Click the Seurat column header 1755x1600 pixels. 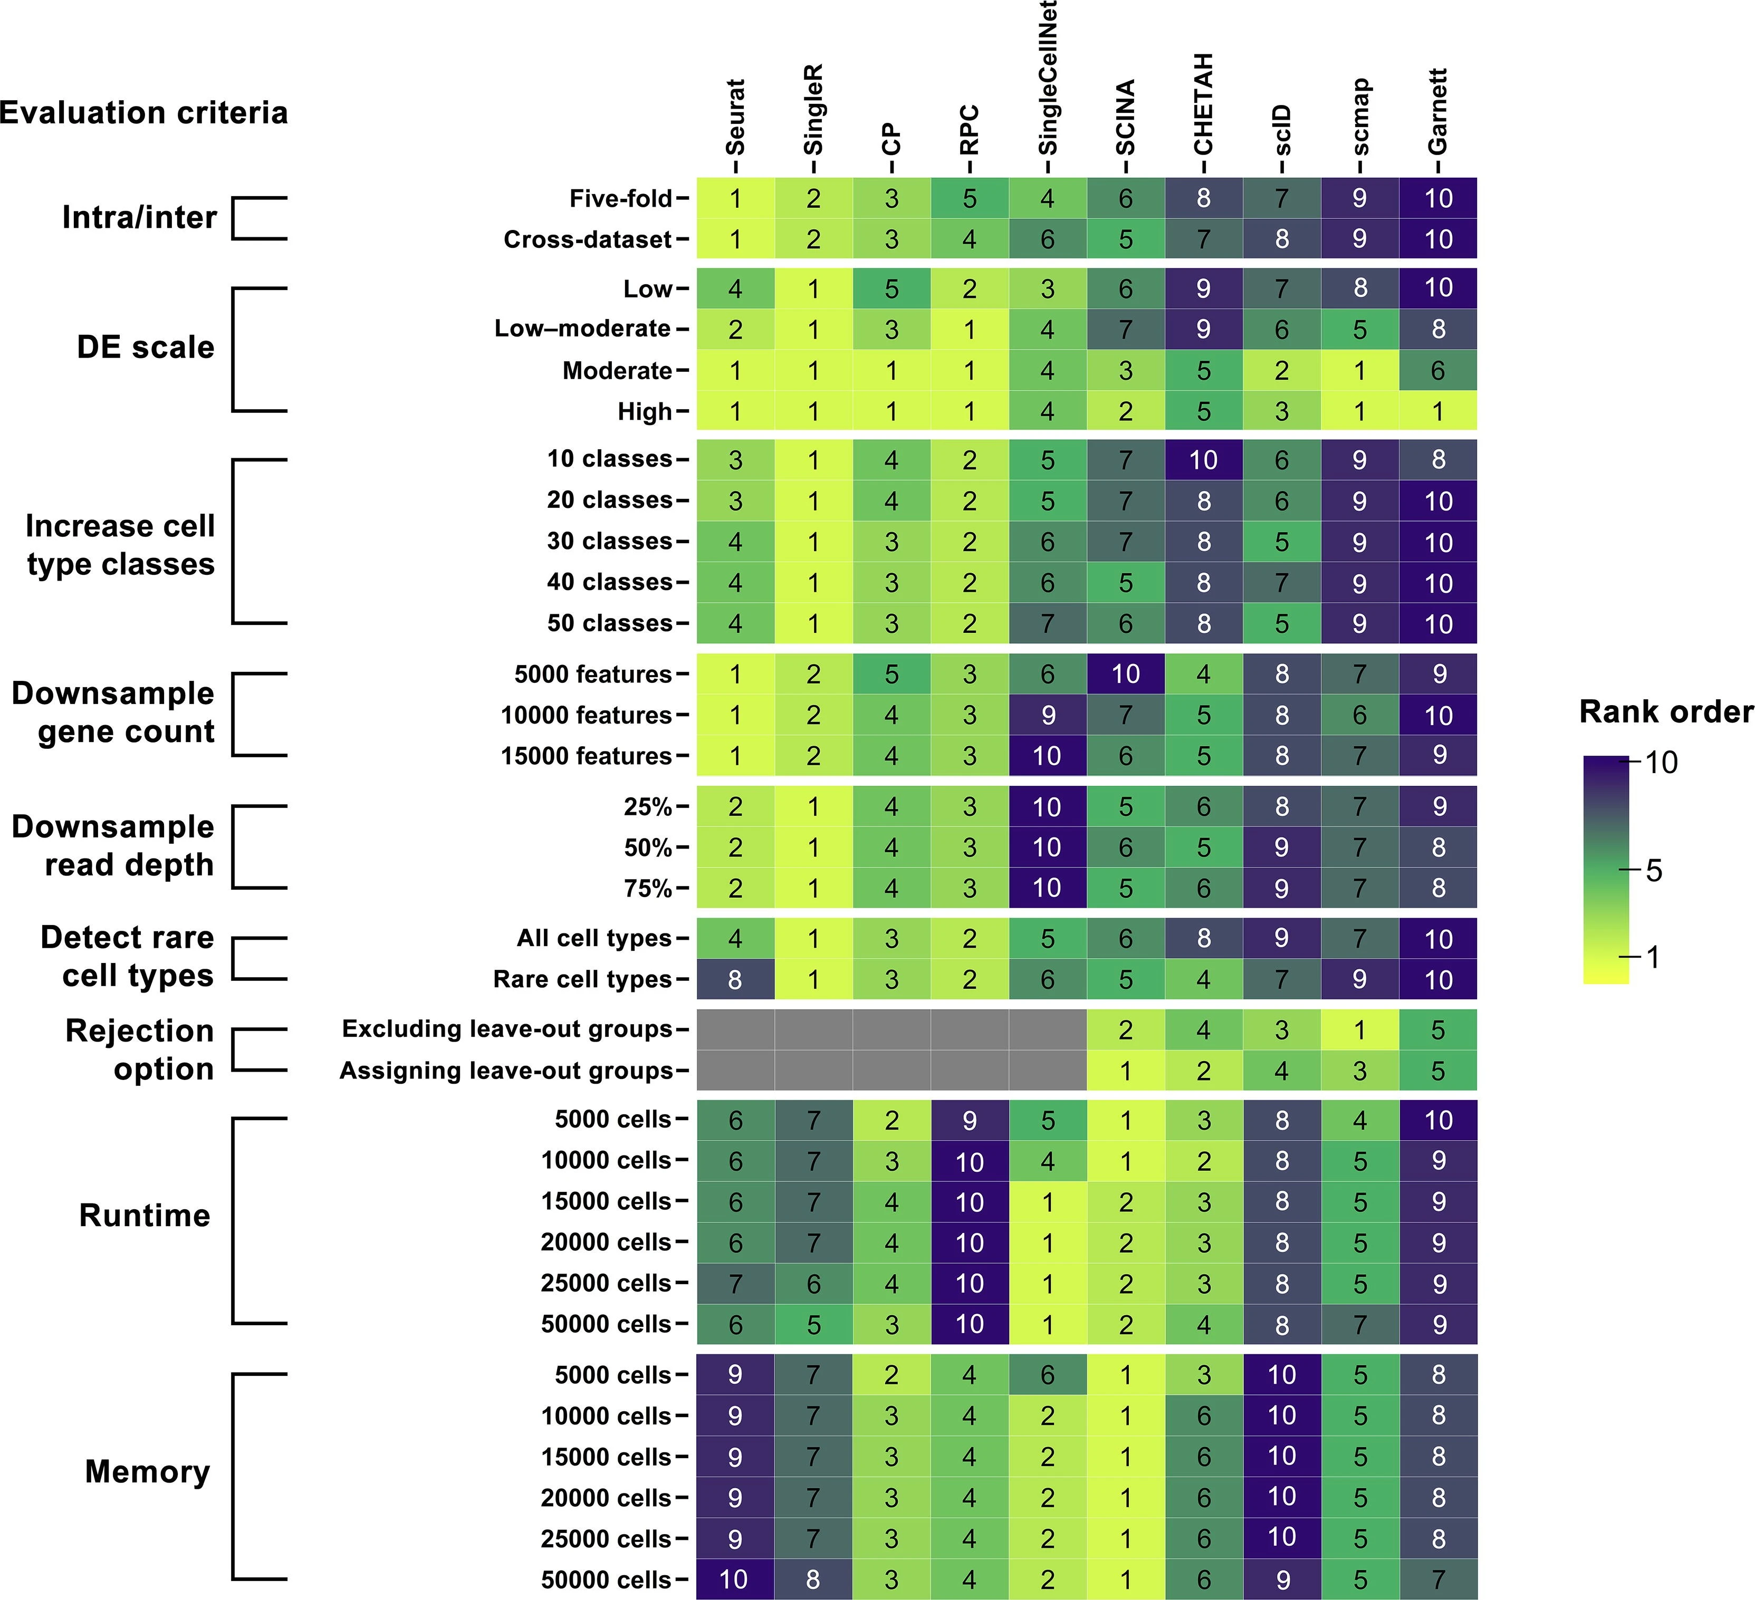pos(736,118)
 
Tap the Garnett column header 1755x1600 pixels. pos(1437,111)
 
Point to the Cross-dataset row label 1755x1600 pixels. pos(588,239)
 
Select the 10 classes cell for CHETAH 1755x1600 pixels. pos(1203,460)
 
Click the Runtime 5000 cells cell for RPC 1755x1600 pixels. pos(969,1120)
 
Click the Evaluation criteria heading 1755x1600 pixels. pos(143,113)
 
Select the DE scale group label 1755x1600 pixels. pos(146,348)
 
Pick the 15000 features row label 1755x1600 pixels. pos(586,756)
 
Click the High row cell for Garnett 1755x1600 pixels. pos(1437,411)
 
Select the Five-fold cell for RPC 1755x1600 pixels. pos(969,198)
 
